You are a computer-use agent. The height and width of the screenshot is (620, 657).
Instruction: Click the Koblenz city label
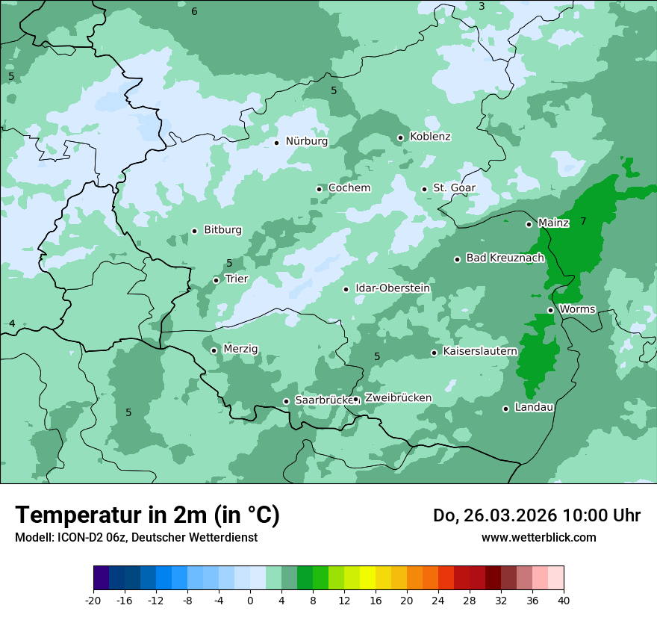(x=430, y=137)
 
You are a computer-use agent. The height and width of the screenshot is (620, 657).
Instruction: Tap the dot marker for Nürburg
(x=276, y=142)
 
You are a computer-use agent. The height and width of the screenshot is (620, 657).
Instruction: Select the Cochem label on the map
(x=349, y=188)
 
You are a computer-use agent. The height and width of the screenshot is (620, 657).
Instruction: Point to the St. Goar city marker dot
(x=424, y=189)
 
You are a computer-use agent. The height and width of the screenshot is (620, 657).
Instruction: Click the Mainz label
(x=553, y=223)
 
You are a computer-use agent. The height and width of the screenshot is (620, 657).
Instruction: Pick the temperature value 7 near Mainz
(x=583, y=221)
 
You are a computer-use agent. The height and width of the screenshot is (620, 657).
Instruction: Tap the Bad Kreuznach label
(x=505, y=258)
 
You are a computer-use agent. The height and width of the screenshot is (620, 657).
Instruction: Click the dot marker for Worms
(x=550, y=310)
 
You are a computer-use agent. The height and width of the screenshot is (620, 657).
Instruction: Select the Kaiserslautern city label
(x=480, y=351)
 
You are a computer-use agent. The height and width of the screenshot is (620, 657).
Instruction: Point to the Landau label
(x=534, y=407)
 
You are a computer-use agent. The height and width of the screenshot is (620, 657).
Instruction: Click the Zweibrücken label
(x=398, y=398)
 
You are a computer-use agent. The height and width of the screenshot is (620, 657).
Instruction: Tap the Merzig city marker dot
(x=214, y=350)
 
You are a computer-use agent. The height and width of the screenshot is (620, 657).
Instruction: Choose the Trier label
(x=237, y=279)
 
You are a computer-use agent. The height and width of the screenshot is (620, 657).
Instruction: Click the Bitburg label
(x=222, y=230)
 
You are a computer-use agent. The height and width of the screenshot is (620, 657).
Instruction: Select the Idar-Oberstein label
(x=393, y=288)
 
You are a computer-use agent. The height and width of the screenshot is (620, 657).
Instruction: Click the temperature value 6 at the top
(x=194, y=11)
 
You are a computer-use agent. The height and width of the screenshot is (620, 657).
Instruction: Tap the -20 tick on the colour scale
(x=93, y=600)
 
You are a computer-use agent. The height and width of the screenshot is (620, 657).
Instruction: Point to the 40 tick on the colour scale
(x=564, y=600)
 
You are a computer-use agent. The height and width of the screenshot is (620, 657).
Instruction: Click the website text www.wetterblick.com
(x=538, y=537)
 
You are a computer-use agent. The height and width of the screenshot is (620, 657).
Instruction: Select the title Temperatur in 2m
(x=147, y=515)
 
